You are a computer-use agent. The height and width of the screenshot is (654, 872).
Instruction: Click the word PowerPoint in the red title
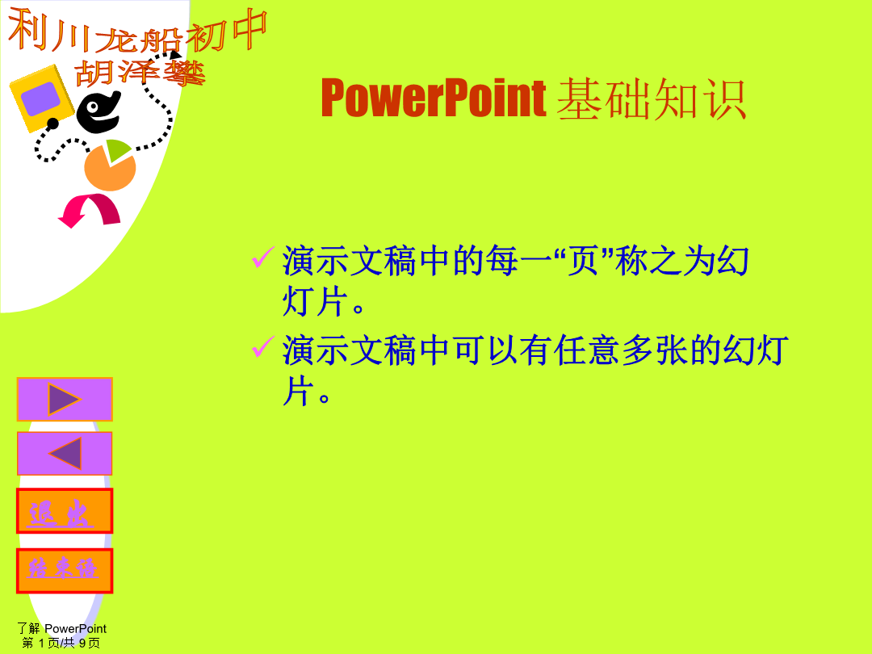[434, 99]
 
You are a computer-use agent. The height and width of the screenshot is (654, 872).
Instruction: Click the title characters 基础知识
[652, 99]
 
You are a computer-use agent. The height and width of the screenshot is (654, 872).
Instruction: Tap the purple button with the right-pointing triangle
[65, 399]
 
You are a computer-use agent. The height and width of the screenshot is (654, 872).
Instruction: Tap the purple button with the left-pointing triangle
[65, 453]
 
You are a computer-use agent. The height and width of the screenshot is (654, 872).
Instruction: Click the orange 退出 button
[65, 511]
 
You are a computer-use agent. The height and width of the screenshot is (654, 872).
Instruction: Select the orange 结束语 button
[65, 571]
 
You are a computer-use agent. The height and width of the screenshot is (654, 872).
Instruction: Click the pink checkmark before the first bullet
[263, 257]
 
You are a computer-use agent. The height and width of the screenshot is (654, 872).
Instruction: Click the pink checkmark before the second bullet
[263, 346]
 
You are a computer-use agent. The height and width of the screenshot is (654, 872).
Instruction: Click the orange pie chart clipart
[110, 166]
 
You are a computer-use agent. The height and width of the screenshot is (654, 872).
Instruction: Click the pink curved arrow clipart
[90, 210]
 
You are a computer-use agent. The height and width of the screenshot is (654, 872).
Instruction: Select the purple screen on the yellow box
[40, 99]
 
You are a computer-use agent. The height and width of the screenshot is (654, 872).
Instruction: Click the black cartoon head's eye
[93, 107]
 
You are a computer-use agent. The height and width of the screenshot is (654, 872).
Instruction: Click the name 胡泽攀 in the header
[140, 73]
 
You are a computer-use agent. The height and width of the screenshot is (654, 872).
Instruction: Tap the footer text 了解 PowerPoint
[61, 628]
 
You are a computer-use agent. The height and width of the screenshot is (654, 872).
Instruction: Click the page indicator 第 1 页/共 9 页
[61, 643]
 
